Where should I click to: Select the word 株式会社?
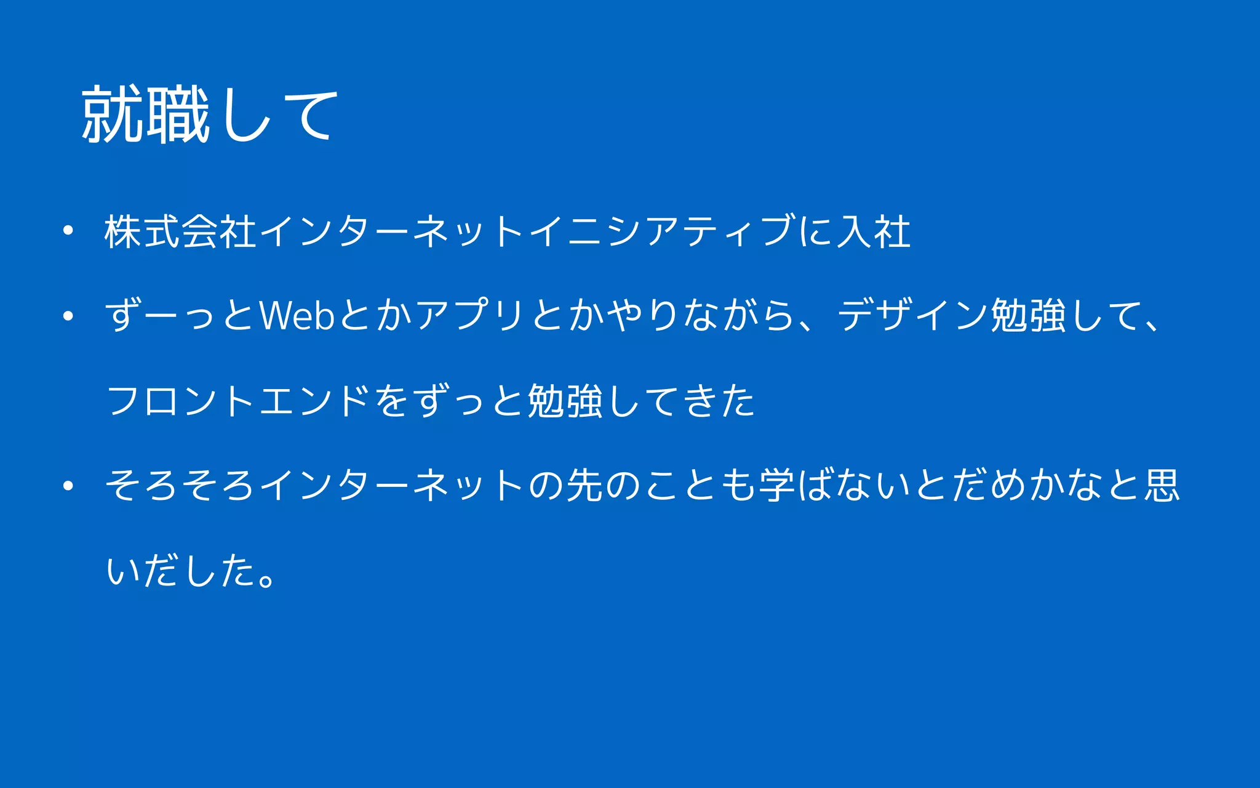(180, 232)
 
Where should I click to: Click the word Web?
(297, 316)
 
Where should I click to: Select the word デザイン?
(913, 316)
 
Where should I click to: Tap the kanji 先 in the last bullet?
(584, 485)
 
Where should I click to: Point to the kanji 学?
(777, 485)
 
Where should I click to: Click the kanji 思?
(1162, 485)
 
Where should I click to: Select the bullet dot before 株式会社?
(68, 231)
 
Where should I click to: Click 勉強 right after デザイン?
(1028, 316)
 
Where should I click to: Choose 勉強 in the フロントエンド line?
(565, 401)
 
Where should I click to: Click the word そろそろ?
(180, 485)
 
